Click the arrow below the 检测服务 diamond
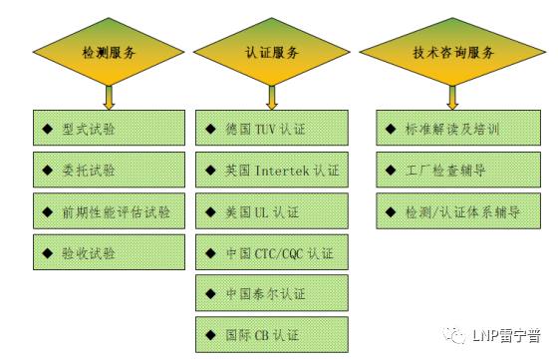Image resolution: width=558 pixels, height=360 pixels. [x=109, y=96]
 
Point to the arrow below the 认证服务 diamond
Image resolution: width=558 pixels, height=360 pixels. [x=271, y=96]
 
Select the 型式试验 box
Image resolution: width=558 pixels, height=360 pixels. [x=109, y=128]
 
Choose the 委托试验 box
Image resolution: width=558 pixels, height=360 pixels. [x=109, y=170]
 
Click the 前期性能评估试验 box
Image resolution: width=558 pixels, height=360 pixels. [x=109, y=211]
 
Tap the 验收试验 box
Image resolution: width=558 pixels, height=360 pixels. [x=109, y=252]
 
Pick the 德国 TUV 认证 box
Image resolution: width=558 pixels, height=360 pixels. [x=271, y=128]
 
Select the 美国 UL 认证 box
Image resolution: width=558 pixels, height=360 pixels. [x=271, y=211]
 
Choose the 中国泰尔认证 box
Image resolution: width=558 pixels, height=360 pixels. [x=271, y=293]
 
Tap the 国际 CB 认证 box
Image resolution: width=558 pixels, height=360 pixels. [x=271, y=334]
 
